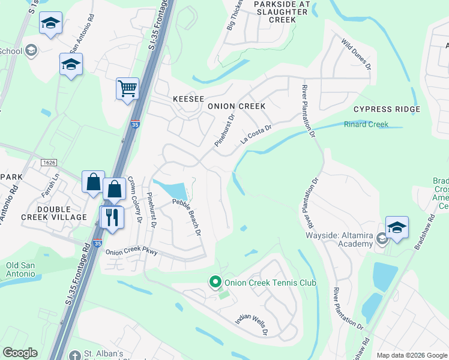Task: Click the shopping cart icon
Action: pos(127,89)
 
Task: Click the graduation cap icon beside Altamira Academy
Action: pos(397,227)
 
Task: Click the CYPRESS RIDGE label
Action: pos(386,109)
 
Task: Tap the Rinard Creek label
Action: pos(366,125)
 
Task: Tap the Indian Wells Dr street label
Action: pos(251,323)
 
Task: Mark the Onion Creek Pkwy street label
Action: pos(131,252)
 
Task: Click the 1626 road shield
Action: pos(49,163)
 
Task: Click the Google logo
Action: pos(20,353)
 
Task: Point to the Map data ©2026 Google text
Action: pos(411,355)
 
